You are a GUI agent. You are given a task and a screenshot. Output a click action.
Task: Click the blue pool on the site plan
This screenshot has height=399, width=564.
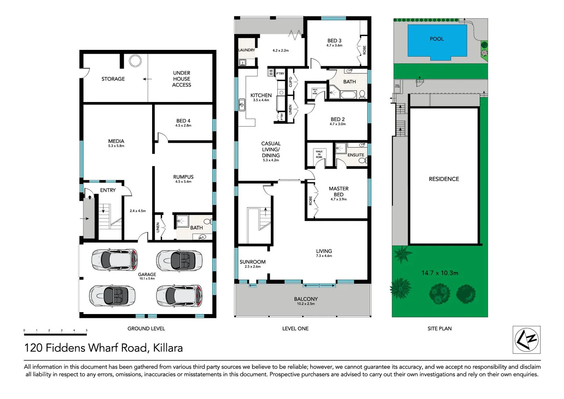coord(436,41)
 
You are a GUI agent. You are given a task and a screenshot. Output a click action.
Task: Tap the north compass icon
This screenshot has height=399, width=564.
coord(527,340)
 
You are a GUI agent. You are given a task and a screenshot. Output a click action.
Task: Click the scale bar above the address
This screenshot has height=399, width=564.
coord(55,334)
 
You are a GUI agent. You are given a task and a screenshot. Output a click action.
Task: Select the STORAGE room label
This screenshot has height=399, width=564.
coord(113,79)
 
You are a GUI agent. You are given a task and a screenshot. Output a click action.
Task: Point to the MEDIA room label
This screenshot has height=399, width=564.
coord(116,141)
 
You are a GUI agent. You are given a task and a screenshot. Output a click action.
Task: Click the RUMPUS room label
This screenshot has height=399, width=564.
coord(183,177)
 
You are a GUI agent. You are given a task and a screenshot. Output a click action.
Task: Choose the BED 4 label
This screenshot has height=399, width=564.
coord(183,121)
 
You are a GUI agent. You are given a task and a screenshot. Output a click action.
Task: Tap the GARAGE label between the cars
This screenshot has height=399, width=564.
coord(147,274)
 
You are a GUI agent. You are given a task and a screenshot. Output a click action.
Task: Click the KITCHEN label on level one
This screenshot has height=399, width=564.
coord(261,95)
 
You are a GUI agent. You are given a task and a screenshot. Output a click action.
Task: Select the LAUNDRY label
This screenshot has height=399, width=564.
coord(246,50)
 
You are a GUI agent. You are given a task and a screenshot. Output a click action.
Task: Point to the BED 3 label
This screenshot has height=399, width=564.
coord(334,41)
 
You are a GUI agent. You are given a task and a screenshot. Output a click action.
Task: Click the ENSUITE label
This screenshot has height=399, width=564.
coord(355,155)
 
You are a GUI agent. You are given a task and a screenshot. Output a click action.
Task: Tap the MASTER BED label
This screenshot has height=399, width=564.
coord(338,191)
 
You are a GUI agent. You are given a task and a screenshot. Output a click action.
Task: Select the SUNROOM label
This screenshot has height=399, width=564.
coord(252,262)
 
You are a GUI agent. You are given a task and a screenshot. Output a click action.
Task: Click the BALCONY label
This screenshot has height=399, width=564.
coord(306,299)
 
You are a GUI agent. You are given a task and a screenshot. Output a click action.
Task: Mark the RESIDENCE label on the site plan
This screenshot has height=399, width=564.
coord(444,179)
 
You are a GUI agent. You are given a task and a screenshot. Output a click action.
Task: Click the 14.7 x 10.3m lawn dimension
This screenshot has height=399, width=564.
coord(440,273)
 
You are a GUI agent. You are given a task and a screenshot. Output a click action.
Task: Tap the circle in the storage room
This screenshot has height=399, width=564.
coord(135,61)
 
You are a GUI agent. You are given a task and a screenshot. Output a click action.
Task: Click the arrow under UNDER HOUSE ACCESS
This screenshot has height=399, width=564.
coord(147,79)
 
